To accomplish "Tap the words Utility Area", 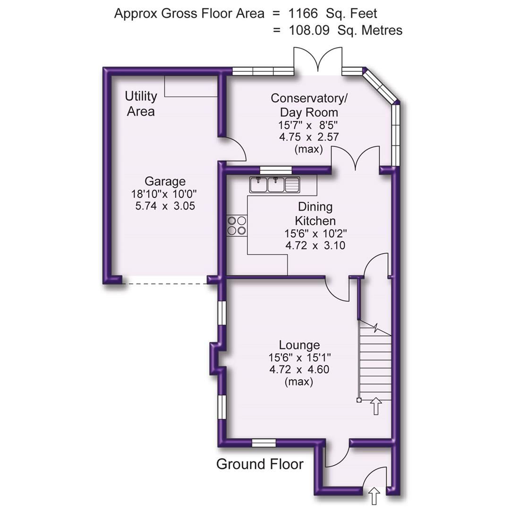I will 141,104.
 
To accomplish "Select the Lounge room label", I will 299,345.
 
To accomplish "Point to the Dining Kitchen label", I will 315,213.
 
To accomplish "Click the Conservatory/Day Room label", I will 309,105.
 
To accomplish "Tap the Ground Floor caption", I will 260,464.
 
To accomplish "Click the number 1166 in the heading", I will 302,14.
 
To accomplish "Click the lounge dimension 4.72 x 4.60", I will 299,369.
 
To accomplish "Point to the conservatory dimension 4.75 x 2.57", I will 309,137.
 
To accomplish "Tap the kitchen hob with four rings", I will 237,225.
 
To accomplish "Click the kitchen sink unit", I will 275,184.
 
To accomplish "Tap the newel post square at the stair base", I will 359,400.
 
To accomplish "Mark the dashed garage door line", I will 165,283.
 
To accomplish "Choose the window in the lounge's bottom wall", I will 263,442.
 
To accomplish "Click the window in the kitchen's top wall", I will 276,170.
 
